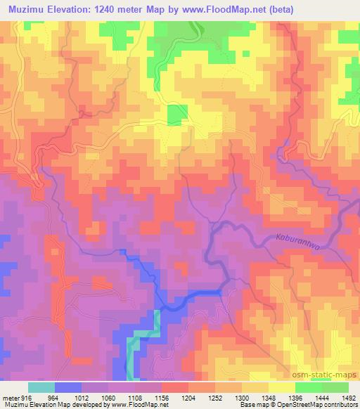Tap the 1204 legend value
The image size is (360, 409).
coord(188,396)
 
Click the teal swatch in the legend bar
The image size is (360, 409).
coord(41,387)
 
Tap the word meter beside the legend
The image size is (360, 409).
coord(10,396)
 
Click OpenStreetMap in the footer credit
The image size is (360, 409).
coord(304,405)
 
